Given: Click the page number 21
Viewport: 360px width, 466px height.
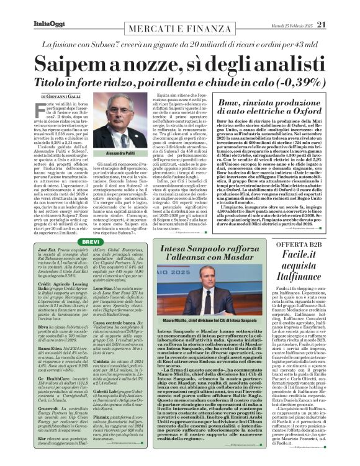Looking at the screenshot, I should point(338,7).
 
